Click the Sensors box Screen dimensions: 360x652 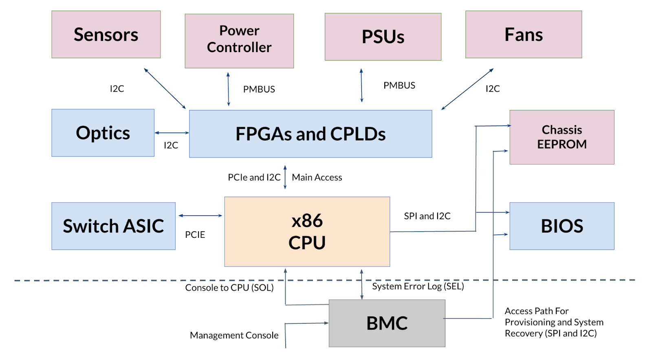(106, 35)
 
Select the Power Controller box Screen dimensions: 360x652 (239, 41)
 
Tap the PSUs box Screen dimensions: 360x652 (383, 37)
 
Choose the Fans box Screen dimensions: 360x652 (523, 35)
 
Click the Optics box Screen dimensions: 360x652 (103, 133)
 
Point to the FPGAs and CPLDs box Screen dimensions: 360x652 (310, 134)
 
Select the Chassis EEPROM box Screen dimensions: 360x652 (562, 137)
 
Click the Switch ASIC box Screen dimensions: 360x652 (113, 226)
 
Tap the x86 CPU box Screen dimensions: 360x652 (307, 232)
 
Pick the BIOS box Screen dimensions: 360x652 (562, 226)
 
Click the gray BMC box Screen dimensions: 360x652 (387, 323)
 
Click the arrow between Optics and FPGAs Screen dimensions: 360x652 (172, 133)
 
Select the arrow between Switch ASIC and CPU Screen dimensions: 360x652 (200, 215)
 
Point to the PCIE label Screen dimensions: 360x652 (195, 235)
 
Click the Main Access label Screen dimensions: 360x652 (317, 178)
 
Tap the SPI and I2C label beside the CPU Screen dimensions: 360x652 (427, 216)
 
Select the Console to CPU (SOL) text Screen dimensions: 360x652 (229, 288)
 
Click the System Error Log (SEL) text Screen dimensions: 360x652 (418, 286)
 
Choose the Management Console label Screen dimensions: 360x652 (234, 336)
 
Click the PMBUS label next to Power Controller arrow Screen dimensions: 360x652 (259, 90)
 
